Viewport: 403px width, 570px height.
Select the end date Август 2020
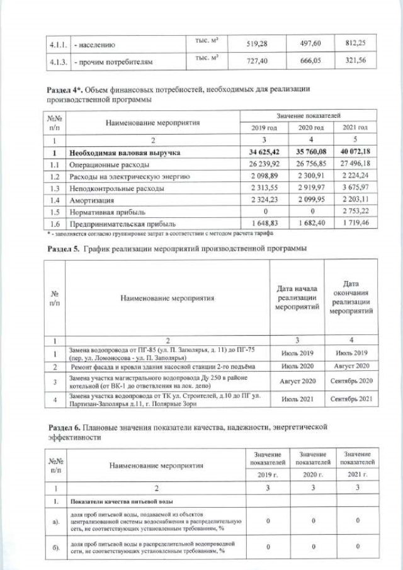point(351,366)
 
